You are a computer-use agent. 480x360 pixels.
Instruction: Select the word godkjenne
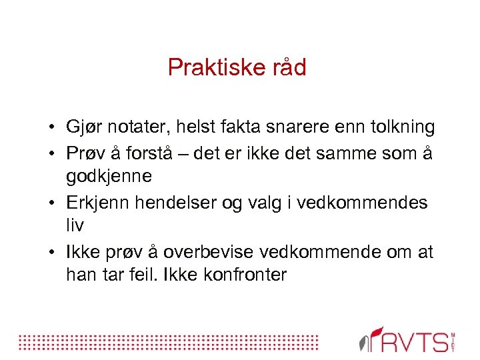109,177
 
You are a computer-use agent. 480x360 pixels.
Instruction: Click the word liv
75,225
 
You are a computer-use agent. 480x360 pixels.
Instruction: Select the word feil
164,275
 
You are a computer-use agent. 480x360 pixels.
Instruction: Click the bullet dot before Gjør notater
51,127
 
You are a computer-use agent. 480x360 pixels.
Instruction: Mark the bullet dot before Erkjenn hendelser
51,203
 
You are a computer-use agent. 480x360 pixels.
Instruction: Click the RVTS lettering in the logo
415,341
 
